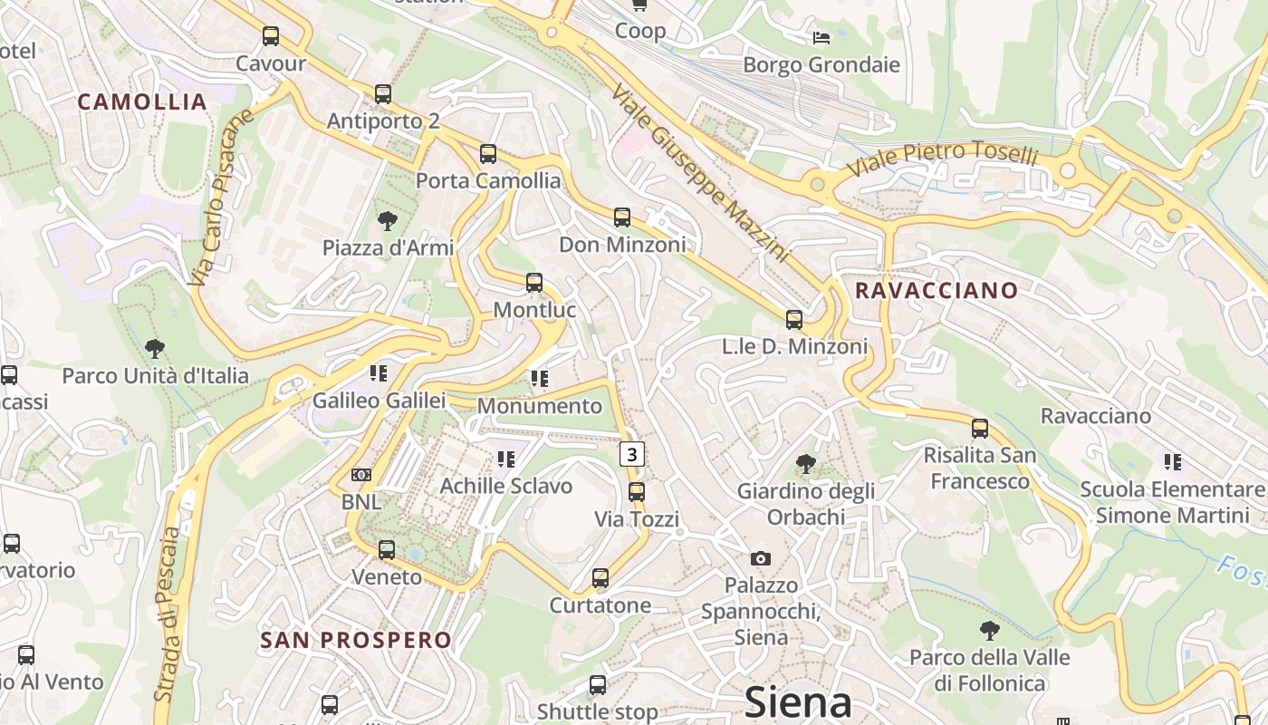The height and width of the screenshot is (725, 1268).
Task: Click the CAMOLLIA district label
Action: click(x=143, y=101)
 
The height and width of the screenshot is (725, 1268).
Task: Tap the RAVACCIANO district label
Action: click(x=937, y=291)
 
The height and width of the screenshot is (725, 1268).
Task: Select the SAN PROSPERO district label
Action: click(x=356, y=640)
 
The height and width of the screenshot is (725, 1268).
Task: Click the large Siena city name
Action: click(x=798, y=702)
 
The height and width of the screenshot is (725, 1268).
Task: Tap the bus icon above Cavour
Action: click(x=271, y=36)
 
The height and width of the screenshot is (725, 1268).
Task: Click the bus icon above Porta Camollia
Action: click(x=488, y=154)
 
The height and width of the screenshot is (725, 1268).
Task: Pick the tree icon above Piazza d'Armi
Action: click(x=388, y=220)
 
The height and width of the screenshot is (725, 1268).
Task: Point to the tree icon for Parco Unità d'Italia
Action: click(x=155, y=348)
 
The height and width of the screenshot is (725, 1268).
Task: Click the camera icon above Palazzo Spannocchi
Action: click(x=761, y=558)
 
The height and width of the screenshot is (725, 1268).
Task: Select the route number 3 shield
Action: click(x=632, y=453)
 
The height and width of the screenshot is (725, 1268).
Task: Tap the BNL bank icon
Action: click(x=361, y=475)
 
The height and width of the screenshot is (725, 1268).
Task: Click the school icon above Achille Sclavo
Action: click(x=505, y=459)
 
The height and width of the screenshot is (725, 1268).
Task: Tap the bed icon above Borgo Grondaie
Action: click(x=821, y=37)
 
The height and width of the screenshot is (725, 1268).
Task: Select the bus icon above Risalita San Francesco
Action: click(x=980, y=428)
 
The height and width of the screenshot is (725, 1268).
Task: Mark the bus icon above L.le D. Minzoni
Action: click(x=794, y=319)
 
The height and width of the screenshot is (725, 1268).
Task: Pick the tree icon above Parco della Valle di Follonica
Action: click(x=990, y=630)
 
